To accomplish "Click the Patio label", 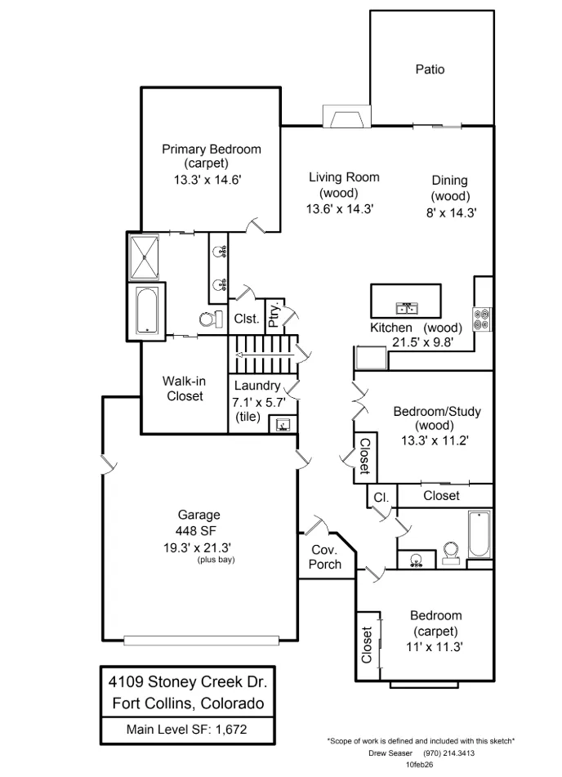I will (430, 69).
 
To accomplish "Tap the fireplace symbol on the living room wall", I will (344, 118).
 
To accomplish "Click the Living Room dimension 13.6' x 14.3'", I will (340, 208).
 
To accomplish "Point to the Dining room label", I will (449, 181).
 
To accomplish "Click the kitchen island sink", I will (406, 308).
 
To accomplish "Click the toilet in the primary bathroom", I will (210, 319).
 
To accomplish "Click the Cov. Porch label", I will (325, 557).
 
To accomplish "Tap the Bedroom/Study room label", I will (437, 411).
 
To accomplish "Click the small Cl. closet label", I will (381, 497).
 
